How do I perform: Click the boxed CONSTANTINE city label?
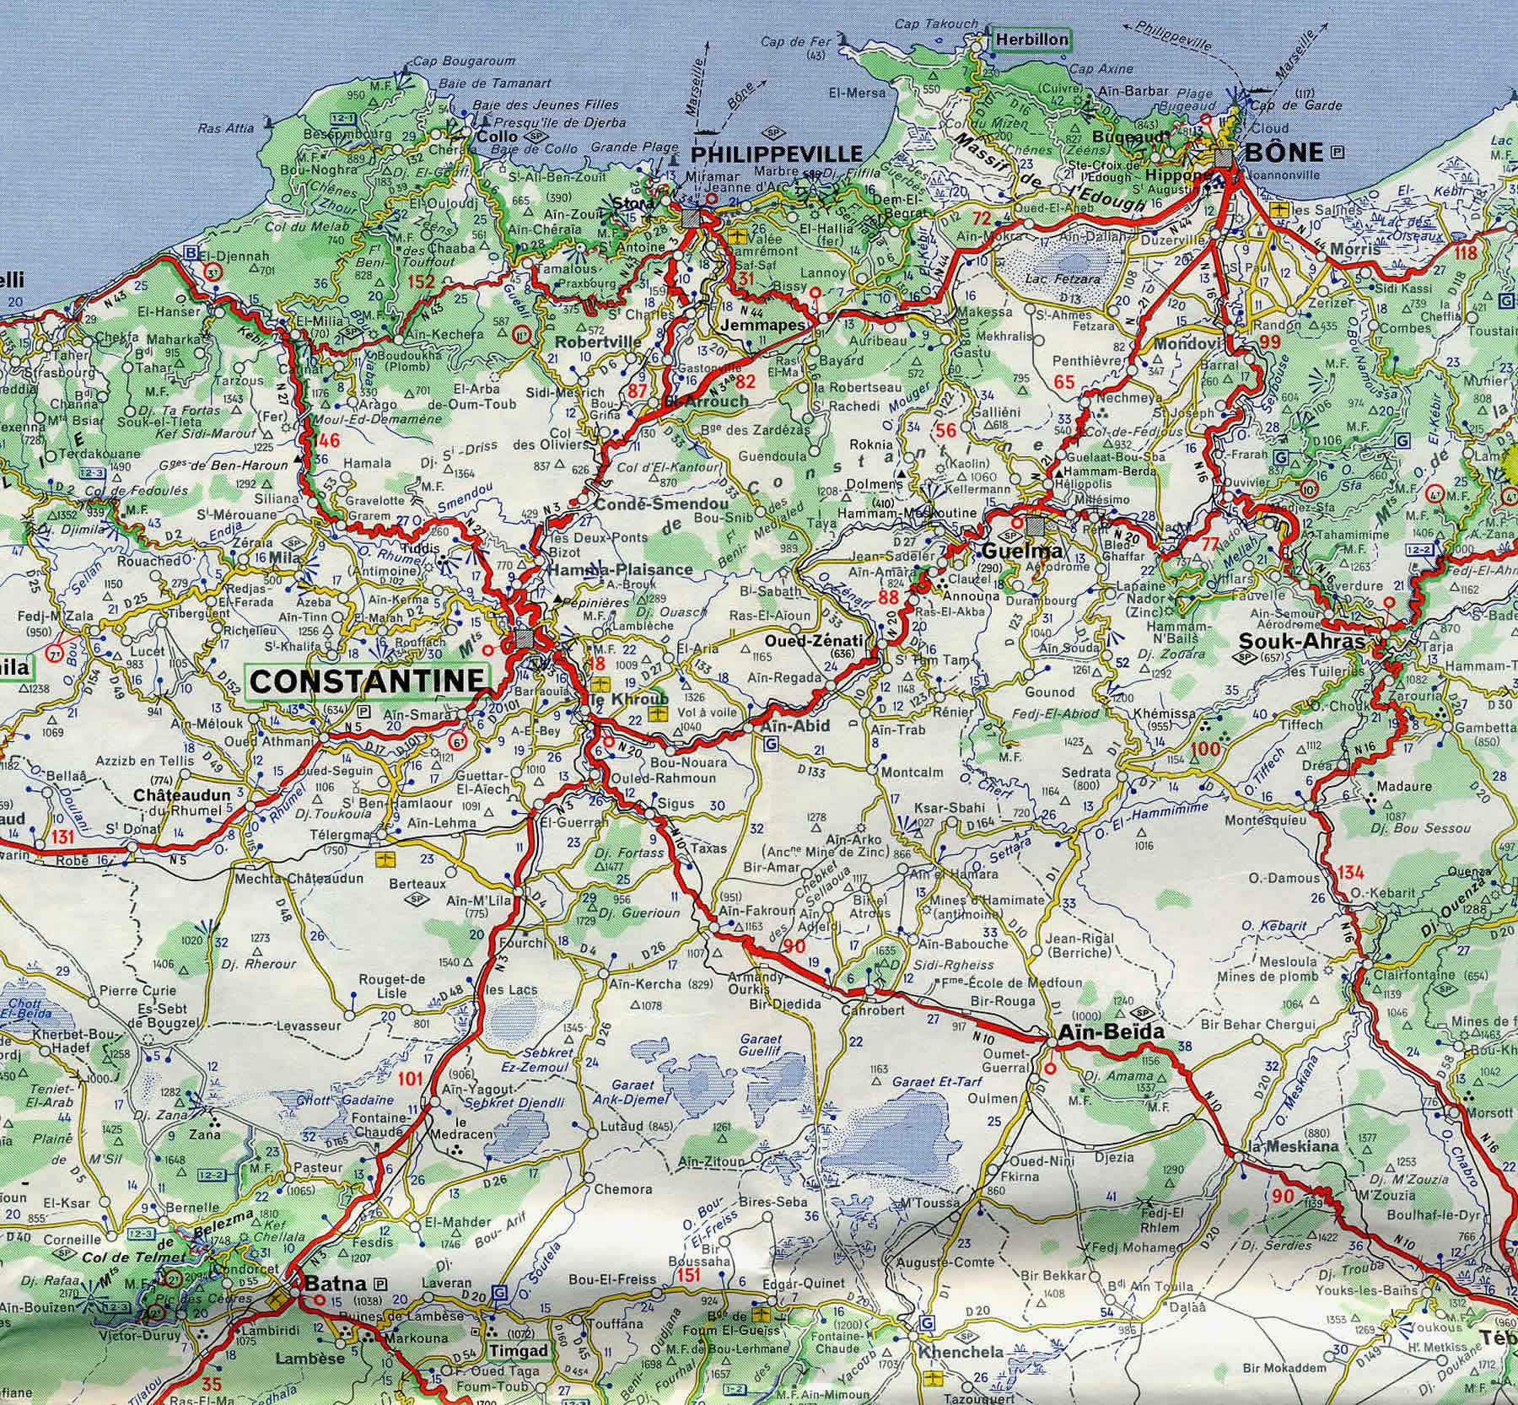click(368, 681)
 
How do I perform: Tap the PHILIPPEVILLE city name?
click(777, 154)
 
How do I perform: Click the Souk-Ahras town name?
click(1302, 642)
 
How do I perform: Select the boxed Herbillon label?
click(1031, 39)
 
